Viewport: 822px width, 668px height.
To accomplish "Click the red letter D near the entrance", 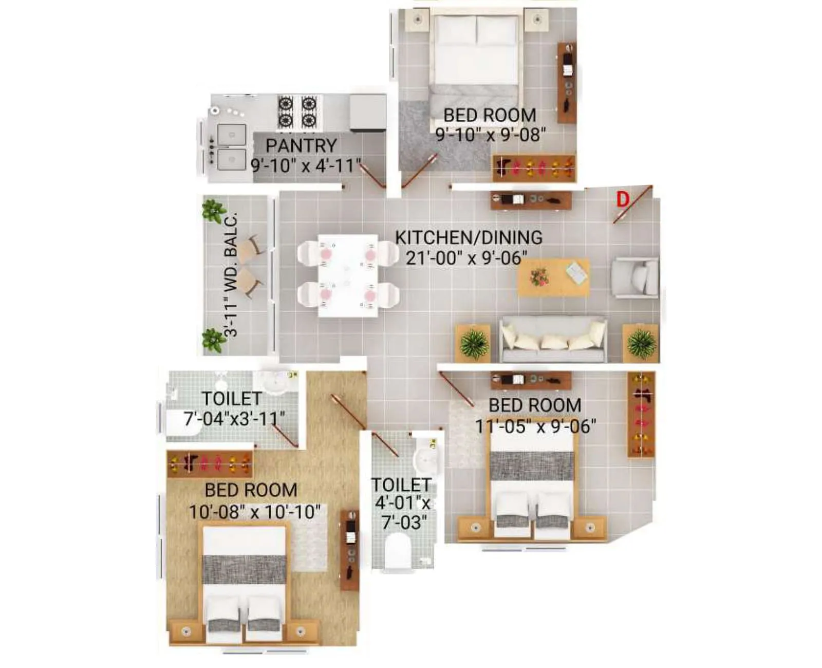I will point(623,199).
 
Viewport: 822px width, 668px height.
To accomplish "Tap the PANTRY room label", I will point(301,145).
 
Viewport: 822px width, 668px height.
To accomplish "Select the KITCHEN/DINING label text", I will point(469,237).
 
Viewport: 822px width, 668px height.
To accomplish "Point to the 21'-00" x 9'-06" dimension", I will point(466,258).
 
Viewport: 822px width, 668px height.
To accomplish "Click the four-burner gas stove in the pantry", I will point(297,112).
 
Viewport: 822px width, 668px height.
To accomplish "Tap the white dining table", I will point(348,275).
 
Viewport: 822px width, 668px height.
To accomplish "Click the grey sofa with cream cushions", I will point(553,340).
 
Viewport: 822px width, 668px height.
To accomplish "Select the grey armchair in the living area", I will point(635,277).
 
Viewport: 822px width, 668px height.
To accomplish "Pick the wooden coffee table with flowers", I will point(553,277).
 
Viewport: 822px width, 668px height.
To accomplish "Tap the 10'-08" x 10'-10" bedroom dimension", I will point(254,512).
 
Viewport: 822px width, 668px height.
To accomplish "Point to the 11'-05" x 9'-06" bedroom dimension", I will point(535,426).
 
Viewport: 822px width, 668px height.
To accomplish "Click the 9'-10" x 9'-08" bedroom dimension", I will point(490,135).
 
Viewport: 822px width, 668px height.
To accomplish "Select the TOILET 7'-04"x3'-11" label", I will point(234,409).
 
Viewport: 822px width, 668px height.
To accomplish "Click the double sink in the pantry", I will point(231,147).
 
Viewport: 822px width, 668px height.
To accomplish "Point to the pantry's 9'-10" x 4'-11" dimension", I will point(306,166).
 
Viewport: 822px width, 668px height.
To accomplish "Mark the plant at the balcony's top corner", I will point(213,210).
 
